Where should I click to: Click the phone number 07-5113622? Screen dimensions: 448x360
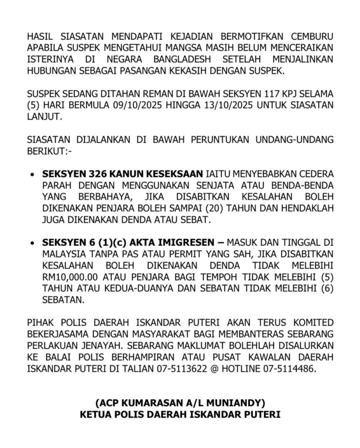[181, 369]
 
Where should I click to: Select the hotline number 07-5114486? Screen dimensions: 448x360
[287, 369]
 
